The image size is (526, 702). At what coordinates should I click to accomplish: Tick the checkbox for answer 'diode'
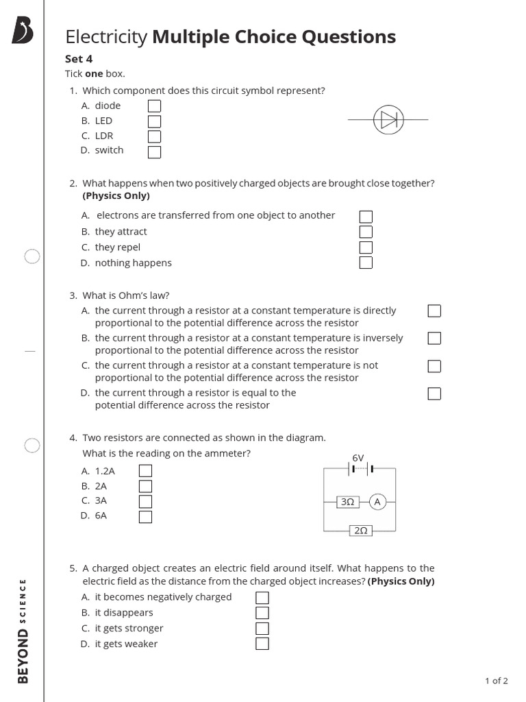click(155, 106)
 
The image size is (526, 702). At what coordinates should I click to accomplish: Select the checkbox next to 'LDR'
click(155, 136)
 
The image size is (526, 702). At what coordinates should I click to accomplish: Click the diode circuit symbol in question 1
click(388, 120)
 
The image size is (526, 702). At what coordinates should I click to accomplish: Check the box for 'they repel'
click(366, 247)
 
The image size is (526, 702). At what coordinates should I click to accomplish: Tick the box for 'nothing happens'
click(366, 263)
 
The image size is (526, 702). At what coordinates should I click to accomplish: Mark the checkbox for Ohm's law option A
click(434, 311)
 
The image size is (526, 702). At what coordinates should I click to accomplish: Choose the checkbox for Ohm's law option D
click(434, 394)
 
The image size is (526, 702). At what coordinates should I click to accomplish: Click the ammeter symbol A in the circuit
click(377, 502)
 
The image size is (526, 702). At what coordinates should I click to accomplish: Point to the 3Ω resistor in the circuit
click(347, 502)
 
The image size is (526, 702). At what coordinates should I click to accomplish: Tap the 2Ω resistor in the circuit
click(361, 531)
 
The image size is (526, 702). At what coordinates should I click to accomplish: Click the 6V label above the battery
click(358, 457)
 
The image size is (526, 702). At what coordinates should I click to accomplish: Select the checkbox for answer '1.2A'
click(145, 471)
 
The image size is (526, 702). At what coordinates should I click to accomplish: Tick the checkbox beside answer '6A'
click(145, 516)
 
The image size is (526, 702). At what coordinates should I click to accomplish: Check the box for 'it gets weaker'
click(262, 644)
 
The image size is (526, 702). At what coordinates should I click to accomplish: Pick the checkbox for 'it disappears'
click(262, 613)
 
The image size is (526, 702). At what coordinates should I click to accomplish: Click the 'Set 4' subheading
click(79, 59)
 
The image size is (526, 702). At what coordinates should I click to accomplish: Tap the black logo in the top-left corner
click(23, 32)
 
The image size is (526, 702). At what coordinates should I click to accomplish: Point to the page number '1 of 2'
click(497, 681)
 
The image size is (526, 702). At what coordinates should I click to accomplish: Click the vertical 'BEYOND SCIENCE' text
click(23, 631)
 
